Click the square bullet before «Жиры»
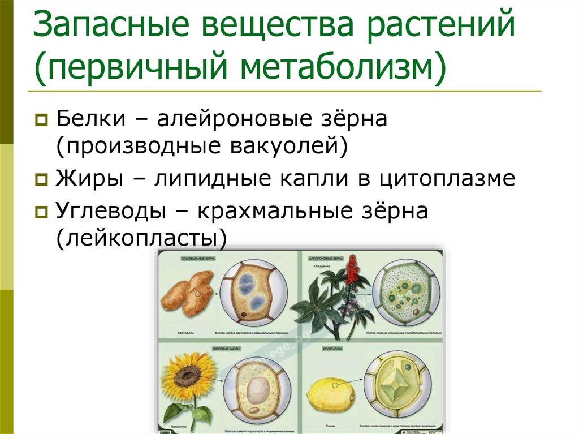[x=41, y=180]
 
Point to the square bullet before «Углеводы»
[x=41, y=213]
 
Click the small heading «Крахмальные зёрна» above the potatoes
[x=194, y=259]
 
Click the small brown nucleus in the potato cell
[x=243, y=313]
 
